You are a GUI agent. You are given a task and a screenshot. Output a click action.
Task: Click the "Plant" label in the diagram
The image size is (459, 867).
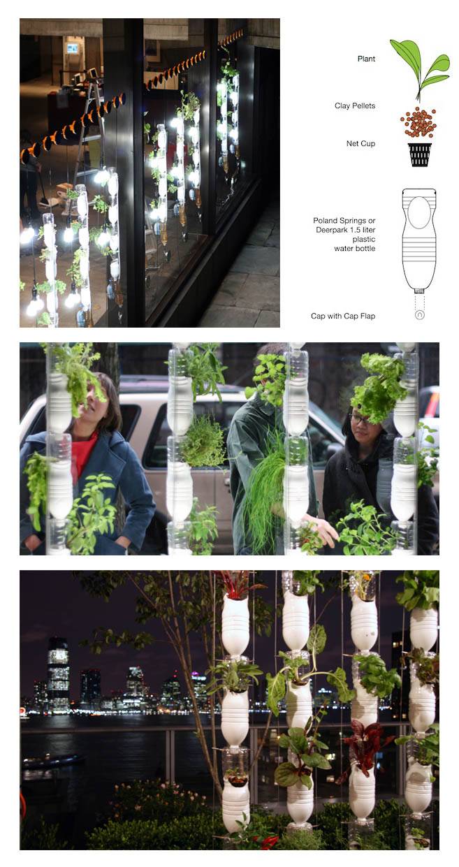pos(366,59)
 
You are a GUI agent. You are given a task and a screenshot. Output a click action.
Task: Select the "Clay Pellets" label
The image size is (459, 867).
pos(354,105)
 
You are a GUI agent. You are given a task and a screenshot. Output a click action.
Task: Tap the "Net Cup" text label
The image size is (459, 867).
pos(361,143)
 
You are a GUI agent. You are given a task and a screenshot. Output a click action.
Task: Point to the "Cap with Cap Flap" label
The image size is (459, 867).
pos(343,316)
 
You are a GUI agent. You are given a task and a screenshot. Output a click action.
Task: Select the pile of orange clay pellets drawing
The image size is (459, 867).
pos(419,123)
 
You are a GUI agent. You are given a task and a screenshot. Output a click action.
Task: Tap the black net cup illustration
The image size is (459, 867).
pos(419,154)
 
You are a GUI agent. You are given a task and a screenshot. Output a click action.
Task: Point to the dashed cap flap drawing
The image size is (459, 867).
pos(419,308)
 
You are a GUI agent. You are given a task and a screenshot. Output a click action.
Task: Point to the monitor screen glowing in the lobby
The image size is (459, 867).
pos(71,48)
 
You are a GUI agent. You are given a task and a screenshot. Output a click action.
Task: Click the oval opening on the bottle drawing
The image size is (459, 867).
pos(419,214)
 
